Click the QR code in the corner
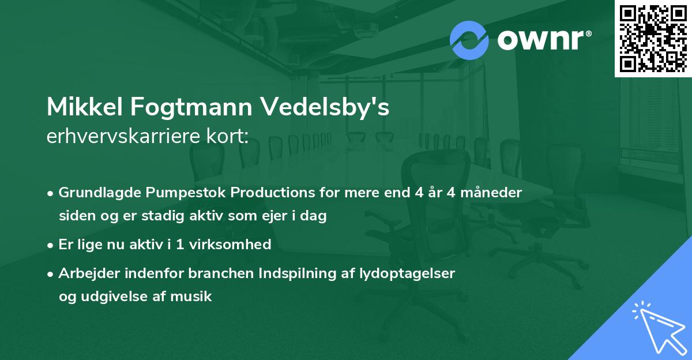click(x=653, y=39)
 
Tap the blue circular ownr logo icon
click(x=469, y=40)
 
